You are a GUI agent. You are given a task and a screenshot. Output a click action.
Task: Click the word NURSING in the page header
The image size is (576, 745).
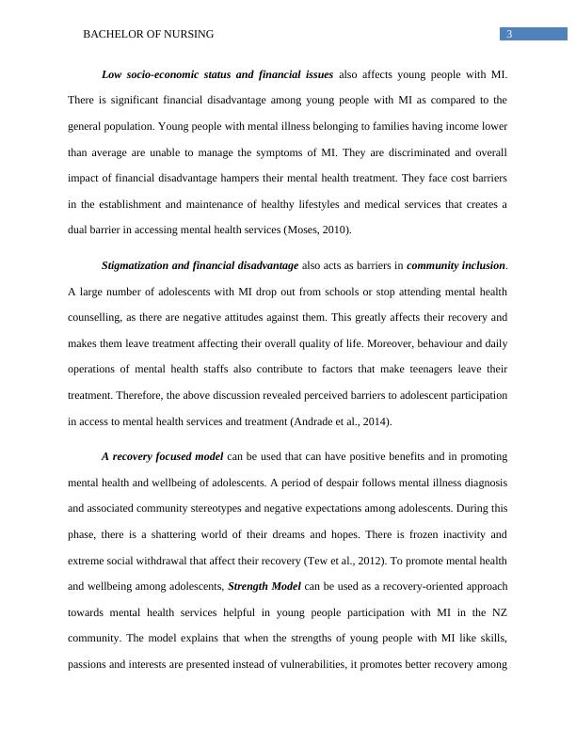point(187,34)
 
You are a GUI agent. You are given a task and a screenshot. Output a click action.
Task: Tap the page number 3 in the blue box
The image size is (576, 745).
point(508,34)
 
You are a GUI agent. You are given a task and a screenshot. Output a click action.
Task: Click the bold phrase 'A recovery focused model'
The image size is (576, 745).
point(162,457)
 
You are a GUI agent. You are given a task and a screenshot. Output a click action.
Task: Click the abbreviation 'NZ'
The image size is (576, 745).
point(497,613)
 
